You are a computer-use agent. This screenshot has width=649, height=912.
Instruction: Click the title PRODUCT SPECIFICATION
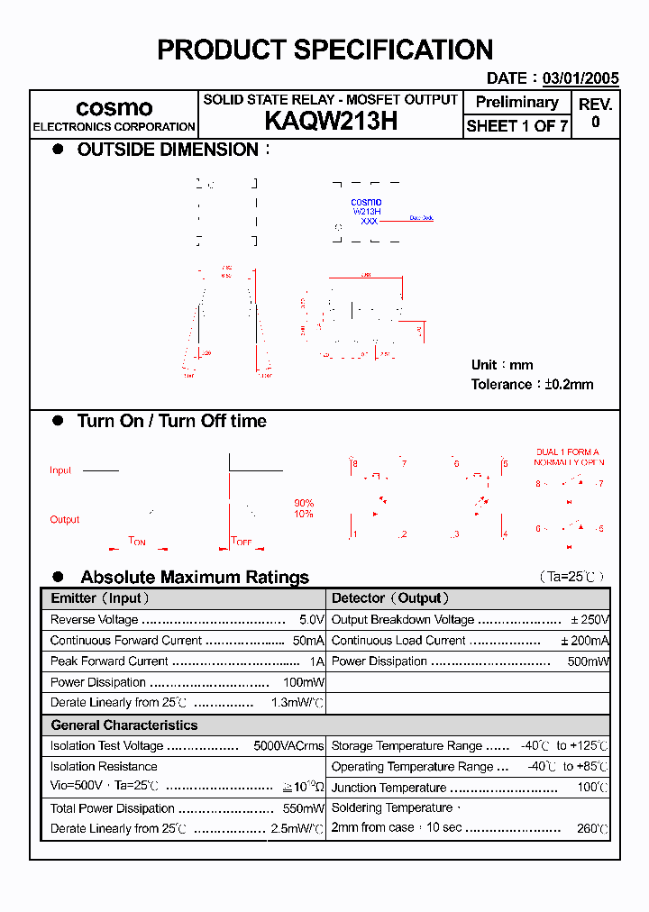(324, 50)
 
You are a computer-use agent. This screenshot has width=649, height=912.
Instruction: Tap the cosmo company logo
(114, 108)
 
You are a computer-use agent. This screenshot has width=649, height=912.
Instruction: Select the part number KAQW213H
(331, 122)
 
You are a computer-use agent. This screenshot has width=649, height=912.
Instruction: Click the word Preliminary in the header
(516, 102)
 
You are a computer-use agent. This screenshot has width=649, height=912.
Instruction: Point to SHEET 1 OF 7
(516, 126)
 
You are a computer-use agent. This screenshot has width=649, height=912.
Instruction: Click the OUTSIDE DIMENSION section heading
(168, 150)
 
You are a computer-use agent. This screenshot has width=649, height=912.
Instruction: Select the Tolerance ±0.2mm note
(532, 384)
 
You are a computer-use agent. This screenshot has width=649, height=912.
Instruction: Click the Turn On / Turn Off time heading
(171, 421)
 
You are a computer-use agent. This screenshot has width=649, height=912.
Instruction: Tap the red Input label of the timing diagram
(60, 470)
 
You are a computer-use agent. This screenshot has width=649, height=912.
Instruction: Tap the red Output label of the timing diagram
(64, 519)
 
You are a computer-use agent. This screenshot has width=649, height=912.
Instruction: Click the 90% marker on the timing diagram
(304, 503)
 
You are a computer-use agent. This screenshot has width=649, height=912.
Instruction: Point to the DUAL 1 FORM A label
(567, 452)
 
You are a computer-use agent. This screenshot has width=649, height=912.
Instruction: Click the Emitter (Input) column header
(100, 598)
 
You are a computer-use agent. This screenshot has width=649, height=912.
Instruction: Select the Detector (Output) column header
(390, 598)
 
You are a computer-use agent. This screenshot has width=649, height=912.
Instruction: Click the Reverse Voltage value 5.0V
(311, 620)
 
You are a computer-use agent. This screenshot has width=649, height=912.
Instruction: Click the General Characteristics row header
(123, 725)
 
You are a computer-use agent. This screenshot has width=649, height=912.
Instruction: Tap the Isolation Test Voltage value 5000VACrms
(288, 746)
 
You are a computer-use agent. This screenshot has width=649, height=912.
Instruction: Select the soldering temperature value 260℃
(592, 828)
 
